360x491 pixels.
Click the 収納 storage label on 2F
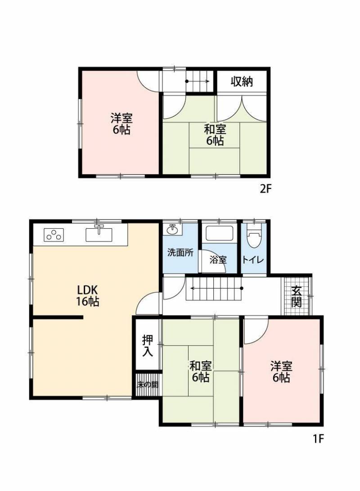point(242,82)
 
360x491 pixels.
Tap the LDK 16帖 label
point(88,295)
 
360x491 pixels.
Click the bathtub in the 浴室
point(219,233)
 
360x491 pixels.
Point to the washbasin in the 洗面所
point(172,230)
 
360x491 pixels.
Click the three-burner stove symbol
point(54,235)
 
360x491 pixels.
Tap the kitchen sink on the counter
point(99,234)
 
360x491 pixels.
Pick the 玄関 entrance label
point(297,296)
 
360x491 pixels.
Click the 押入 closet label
point(148,345)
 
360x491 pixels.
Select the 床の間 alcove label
point(148,384)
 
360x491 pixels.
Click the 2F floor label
point(265,189)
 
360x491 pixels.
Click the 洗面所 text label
point(180,253)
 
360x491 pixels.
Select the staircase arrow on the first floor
point(216,288)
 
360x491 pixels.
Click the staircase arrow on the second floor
point(198,81)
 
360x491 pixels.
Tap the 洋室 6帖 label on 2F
point(121,124)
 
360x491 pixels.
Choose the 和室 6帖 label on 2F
point(215,135)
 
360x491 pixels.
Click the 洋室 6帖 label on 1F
point(281,372)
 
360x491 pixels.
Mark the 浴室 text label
point(218,260)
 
